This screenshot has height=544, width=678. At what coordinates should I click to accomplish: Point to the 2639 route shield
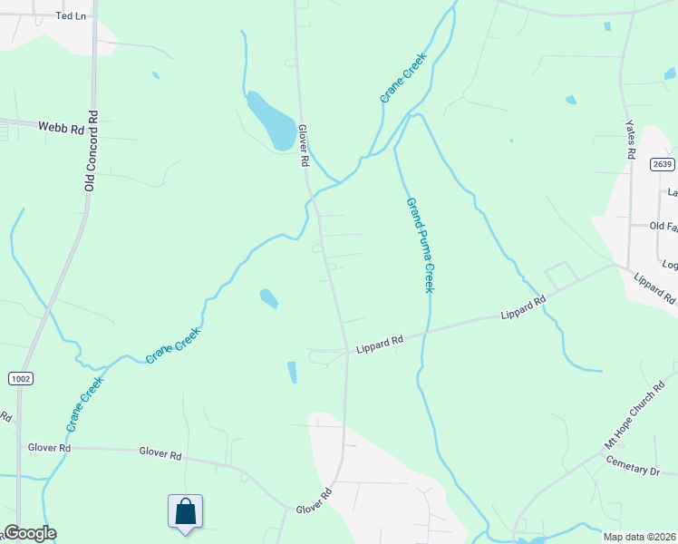click(662, 164)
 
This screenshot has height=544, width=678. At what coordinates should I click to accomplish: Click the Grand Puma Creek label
click(420, 245)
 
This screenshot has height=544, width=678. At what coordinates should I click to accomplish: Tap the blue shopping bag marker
click(185, 511)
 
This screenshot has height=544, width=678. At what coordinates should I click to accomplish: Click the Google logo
click(30, 533)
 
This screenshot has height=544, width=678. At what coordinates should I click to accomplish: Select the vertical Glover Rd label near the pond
click(305, 146)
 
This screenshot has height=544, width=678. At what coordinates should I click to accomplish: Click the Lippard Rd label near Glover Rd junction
click(379, 344)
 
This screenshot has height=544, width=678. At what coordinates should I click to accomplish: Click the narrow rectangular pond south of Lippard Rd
click(292, 372)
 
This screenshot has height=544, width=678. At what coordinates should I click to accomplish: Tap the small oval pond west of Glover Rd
click(269, 297)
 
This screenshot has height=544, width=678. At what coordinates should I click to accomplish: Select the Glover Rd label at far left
click(49, 448)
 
